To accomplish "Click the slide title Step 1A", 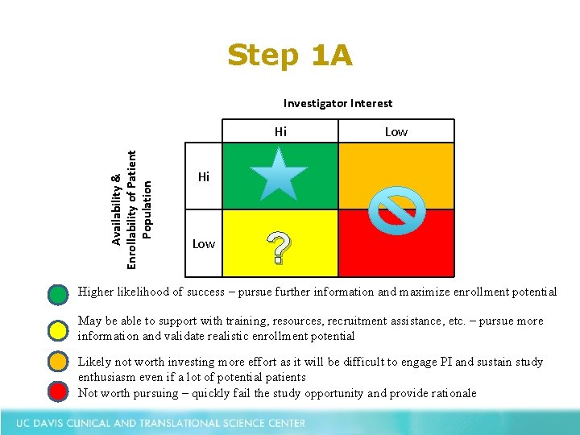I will click(289, 56).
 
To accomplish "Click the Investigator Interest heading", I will click(338, 103).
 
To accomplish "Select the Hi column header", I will click(280, 131).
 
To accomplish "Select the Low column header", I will click(396, 131).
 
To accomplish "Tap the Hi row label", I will click(204, 176).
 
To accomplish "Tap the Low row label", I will click(204, 243).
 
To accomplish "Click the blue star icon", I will click(277, 173).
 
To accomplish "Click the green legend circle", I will click(57, 294).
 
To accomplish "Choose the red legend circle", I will click(57, 392).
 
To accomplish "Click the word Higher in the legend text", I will click(97, 292).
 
